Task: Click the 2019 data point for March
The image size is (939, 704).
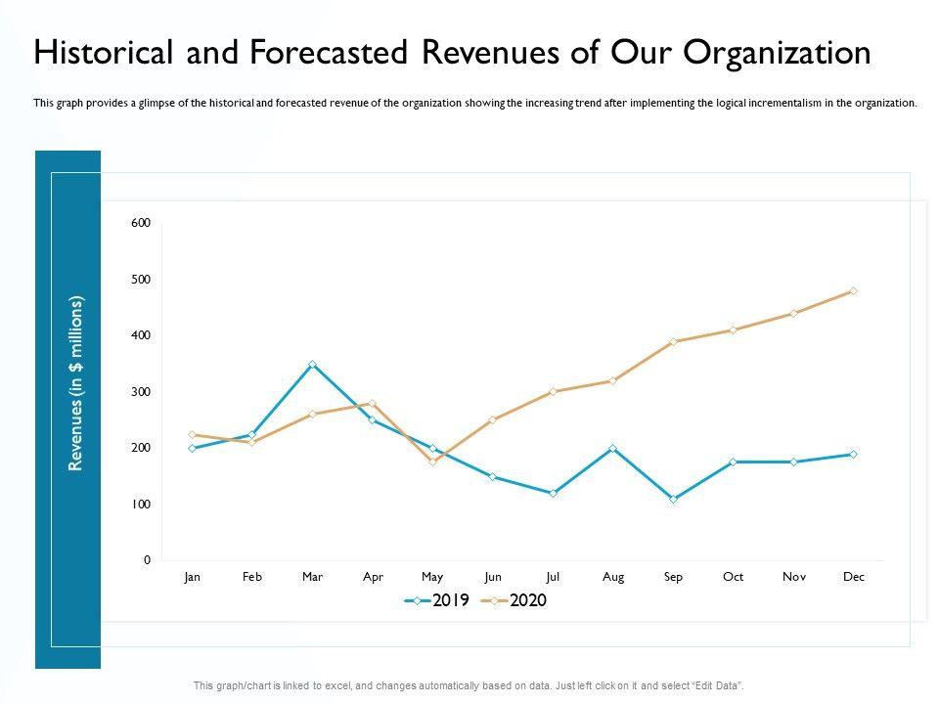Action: [312, 364]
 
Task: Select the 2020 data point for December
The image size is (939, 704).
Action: [854, 291]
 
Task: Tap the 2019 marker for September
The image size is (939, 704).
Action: [673, 499]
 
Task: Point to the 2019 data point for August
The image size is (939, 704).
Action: [613, 448]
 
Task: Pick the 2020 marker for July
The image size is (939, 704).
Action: [553, 391]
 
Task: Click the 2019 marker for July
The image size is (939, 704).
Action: [553, 493]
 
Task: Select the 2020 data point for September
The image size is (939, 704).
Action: [673, 342]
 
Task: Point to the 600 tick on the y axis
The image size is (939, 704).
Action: [141, 223]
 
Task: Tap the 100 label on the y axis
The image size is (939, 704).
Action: [141, 505]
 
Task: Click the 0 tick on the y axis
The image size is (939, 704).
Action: [147, 560]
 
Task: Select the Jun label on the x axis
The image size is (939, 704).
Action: [492, 577]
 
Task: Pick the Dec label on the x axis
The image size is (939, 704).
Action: [854, 577]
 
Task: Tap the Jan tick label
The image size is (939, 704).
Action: [192, 577]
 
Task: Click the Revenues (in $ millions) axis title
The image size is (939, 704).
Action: [76, 384]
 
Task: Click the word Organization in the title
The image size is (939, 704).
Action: [774, 54]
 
